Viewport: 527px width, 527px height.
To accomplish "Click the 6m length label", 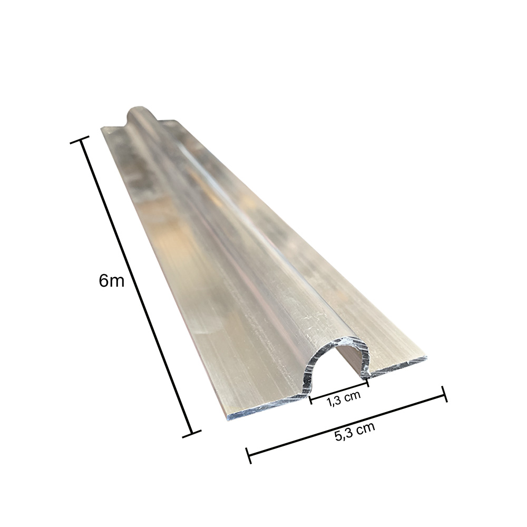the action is tap(112, 281).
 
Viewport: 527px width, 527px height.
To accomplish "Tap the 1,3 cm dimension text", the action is tap(344, 399).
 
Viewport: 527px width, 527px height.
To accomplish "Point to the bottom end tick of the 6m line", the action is tap(192, 433).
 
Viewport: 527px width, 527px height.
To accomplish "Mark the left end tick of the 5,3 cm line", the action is tap(249, 455).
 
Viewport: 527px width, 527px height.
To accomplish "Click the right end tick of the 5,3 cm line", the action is tap(445, 394).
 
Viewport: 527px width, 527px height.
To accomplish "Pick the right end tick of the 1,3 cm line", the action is tap(367, 382).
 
